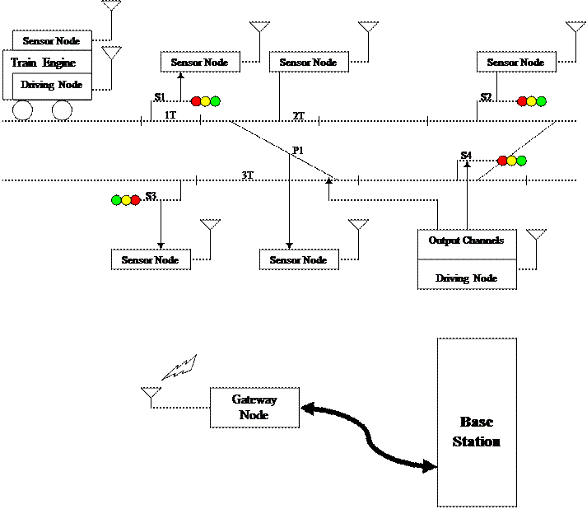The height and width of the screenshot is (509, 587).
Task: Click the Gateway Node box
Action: tap(254, 408)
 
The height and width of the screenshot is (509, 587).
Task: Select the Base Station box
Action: tap(477, 422)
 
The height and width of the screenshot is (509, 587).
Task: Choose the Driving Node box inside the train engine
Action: tap(52, 86)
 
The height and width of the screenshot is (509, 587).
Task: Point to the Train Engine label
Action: tap(43, 63)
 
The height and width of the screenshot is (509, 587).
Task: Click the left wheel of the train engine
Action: tap(22, 110)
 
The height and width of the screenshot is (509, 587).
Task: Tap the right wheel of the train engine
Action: tap(63, 110)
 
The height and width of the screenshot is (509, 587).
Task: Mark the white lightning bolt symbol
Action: tap(179, 367)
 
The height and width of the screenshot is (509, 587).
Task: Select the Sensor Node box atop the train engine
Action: tap(52, 40)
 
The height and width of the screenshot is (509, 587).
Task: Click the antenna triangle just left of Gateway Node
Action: tap(151, 393)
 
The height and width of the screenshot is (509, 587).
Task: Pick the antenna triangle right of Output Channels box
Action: tap(536, 235)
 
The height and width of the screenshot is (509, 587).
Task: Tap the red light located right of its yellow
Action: tap(136, 200)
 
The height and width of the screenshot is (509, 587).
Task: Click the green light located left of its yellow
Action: tap(116, 200)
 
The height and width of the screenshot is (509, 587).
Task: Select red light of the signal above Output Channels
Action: tap(502, 161)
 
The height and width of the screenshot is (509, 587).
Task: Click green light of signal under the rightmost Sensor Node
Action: tap(541, 101)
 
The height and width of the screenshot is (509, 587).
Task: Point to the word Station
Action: tap(477, 441)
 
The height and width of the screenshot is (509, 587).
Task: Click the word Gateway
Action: tap(254, 399)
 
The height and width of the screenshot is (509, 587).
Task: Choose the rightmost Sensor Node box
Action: tap(516, 62)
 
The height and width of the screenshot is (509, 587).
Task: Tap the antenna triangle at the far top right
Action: tap(575, 27)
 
